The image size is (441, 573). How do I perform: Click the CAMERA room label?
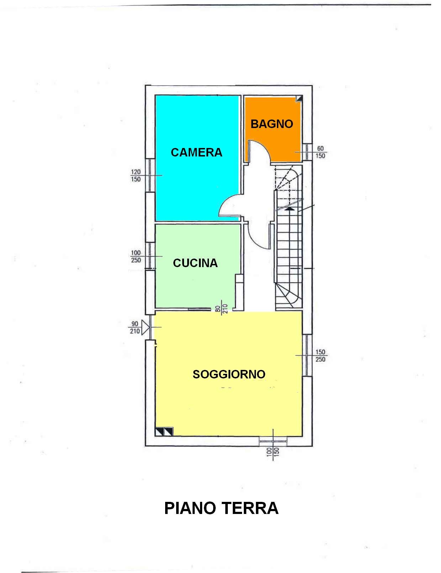click(x=196, y=153)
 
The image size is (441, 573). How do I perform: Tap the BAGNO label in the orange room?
click(x=272, y=124)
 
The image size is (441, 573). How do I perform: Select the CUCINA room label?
click(x=195, y=263)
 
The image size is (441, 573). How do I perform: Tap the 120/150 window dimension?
click(x=136, y=176)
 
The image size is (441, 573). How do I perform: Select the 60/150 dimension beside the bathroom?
click(x=320, y=153)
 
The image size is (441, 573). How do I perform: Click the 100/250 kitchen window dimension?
click(x=136, y=256)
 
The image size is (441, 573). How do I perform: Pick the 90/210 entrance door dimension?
click(x=135, y=327)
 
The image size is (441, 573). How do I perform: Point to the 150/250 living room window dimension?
click(x=320, y=356)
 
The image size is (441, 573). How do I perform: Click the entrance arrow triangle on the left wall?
click(x=145, y=328)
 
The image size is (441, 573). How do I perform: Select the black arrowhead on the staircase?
click(x=289, y=209)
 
